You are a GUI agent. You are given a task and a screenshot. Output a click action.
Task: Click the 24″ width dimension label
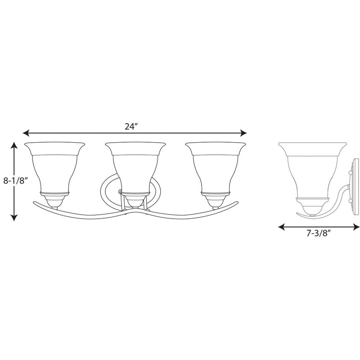[x=131, y=126]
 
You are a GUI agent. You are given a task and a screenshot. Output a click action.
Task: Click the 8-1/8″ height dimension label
[x=15, y=181]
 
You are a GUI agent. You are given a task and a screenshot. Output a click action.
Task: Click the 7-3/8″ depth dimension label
[x=319, y=233]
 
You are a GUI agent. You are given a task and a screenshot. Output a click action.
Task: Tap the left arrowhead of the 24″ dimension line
[x=26, y=133]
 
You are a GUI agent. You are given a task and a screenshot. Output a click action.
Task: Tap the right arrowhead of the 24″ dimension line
[x=243, y=133]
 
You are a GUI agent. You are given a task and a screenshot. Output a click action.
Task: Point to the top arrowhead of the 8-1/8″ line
[x=14, y=145]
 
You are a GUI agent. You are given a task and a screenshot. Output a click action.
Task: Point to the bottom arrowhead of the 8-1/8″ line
[x=14, y=218]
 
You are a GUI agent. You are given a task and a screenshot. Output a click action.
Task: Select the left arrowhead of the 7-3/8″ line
[x=281, y=227]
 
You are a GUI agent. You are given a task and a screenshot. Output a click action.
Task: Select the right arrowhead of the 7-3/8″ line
[x=356, y=227]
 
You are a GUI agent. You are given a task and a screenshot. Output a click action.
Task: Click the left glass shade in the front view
[x=54, y=167]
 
